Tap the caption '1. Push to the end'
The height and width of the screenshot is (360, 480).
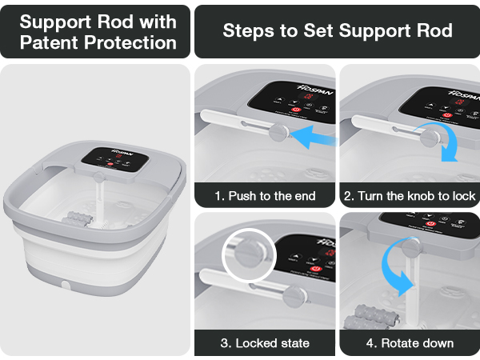pyautogui.click(x=265, y=195)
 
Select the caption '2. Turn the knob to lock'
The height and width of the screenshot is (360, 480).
pyautogui.click(x=410, y=195)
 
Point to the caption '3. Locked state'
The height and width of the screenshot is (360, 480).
pyautogui.click(x=265, y=343)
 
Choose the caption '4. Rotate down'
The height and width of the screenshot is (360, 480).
pyautogui.click(x=410, y=343)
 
